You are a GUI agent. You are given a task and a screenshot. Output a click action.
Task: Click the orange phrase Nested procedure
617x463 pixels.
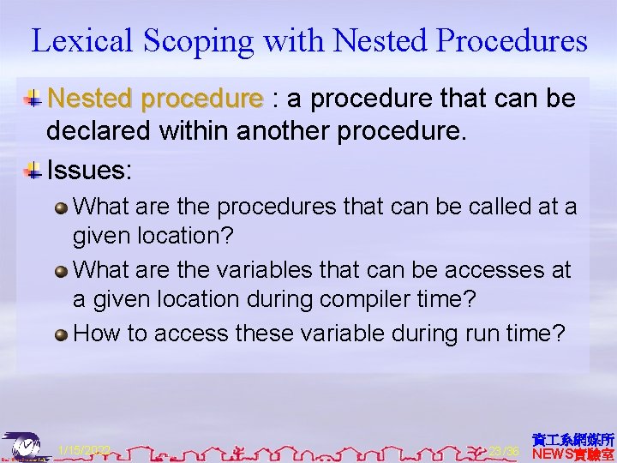pos(155,99)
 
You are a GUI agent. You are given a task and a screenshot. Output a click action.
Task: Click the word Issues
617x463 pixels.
pos(89,170)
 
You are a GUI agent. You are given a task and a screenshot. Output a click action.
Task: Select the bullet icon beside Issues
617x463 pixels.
pos(33,170)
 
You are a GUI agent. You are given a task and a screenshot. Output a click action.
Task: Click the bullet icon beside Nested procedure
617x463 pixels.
pos(33,99)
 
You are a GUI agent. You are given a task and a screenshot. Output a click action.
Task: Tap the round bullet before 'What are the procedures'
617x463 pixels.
pos(62,207)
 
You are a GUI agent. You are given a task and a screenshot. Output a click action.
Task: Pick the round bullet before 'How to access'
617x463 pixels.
pos(62,334)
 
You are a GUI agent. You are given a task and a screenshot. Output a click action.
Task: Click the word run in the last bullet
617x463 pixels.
pos(471,333)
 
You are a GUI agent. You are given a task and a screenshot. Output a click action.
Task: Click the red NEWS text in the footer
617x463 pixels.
pos(556,454)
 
